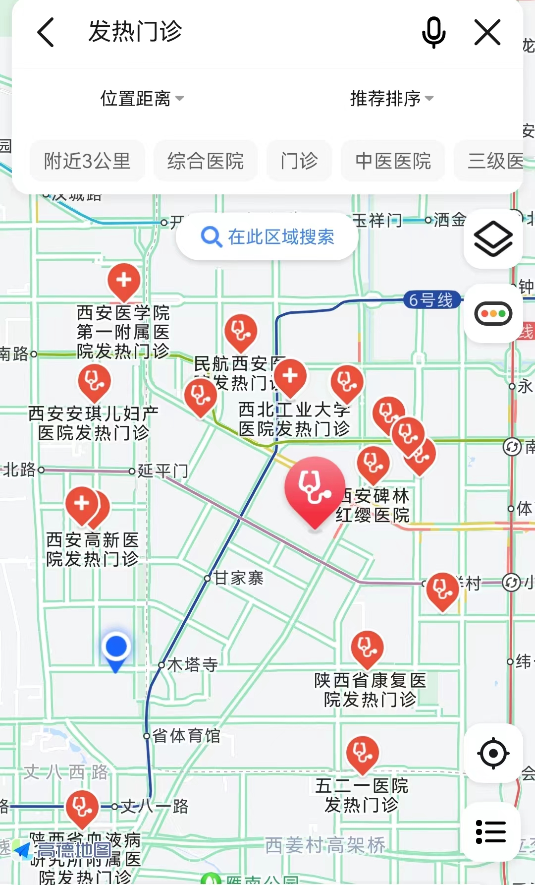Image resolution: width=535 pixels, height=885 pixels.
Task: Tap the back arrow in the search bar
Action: (x=46, y=32)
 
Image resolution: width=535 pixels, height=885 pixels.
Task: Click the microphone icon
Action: (x=433, y=32)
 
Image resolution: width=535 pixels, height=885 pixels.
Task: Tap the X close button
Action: (x=487, y=32)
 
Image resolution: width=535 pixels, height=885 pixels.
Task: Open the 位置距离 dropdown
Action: (x=142, y=99)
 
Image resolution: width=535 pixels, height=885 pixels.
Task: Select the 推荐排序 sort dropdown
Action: (x=391, y=99)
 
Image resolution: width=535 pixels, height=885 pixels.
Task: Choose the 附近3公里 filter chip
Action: (x=87, y=161)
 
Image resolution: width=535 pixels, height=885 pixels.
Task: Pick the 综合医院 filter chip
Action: (x=206, y=161)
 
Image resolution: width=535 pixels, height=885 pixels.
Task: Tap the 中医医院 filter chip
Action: (x=393, y=161)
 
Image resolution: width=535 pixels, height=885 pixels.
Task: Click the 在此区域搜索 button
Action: (x=267, y=237)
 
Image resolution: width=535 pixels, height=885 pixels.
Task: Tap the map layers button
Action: (x=493, y=239)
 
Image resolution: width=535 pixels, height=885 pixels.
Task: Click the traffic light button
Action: (x=493, y=313)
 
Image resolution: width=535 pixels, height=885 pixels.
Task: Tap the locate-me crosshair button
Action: (x=493, y=753)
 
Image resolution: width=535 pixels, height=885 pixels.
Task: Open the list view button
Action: (x=491, y=831)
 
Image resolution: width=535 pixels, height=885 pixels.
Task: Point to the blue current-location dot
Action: (x=116, y=647)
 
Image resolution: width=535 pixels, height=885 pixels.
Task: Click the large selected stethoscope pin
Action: (x=315, y=488)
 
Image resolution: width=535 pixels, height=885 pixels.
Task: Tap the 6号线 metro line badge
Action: (x=431, y=300)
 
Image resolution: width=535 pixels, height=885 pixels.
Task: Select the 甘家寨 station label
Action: (x=239, y=578)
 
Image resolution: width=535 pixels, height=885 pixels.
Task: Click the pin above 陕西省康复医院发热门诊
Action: (x=367, y=648)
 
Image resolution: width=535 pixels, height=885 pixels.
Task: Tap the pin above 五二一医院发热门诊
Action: (x=362, y=754)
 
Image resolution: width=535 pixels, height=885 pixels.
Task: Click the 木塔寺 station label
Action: (x=192, y=664)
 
